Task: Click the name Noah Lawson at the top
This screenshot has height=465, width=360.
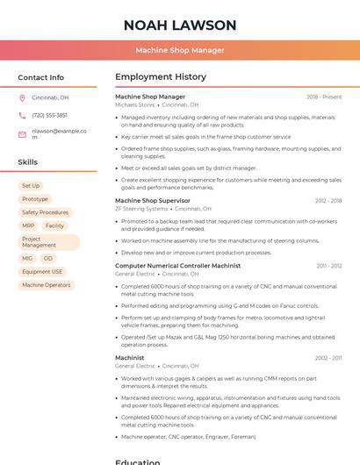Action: coord(180,25)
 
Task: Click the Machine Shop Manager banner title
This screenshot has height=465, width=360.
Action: coord(180,51)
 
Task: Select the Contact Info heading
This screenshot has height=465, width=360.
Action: coord(41,77)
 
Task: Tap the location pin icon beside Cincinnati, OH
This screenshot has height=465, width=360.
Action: coord(22,98)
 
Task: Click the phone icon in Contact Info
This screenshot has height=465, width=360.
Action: coord(22,116)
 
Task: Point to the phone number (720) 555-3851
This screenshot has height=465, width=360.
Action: coord(49,116)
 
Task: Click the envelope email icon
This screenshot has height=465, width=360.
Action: coord(22,134)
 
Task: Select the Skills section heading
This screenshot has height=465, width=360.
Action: coord(28,162)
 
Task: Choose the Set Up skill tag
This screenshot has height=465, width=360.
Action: coord(31,186)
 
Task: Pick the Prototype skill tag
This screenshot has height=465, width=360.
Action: coord(35,199)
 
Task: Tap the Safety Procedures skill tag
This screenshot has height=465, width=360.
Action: coord(45,212)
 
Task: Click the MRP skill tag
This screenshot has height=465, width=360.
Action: coord(28,225)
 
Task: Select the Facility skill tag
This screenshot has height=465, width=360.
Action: coord(54,225)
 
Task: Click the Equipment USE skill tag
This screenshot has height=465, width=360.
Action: coord(42,272)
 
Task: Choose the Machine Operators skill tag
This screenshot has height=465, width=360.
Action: coord(47,285)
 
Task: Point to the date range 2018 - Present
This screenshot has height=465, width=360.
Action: coord(324,97)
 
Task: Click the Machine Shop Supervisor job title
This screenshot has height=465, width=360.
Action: coord(154,201)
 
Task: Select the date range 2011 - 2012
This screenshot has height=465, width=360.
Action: coord(329,266)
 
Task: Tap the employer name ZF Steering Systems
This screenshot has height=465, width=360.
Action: coord(140,209)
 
